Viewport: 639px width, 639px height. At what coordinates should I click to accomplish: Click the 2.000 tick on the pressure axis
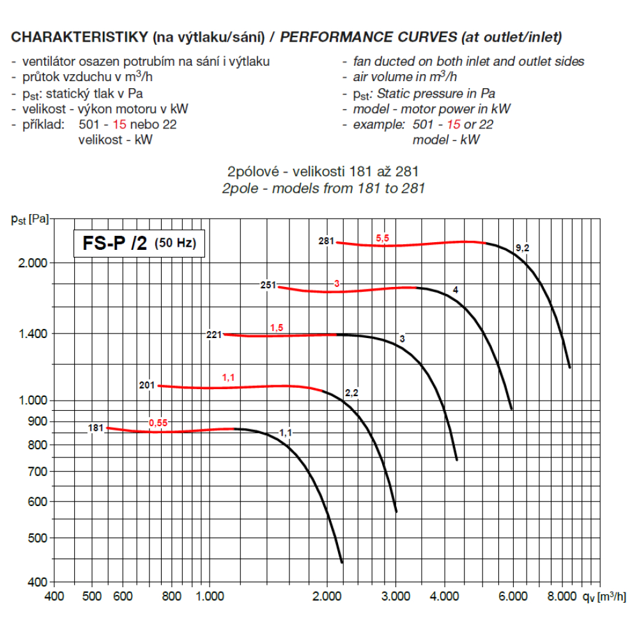tap(31, 263)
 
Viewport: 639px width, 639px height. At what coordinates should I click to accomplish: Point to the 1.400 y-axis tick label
tap(31, 334)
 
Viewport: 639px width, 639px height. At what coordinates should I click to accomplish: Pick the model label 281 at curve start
tap(327, 242)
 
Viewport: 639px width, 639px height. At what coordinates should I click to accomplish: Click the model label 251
tap(268, 285)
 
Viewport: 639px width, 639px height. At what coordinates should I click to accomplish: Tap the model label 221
tap(214, 334)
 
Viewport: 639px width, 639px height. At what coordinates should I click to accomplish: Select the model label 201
tap(147, 385)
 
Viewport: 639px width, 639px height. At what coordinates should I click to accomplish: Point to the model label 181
tap(96, 427)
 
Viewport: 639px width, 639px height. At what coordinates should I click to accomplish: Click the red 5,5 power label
tap(382, 238)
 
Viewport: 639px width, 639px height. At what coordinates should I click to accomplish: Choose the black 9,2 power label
tap(522, 248)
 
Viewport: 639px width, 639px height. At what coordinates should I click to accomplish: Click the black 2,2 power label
tap(351, 392)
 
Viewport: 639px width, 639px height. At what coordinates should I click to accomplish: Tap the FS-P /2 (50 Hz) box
tap(139, 243)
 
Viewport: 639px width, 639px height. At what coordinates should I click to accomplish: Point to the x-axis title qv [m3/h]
tap(604, 596)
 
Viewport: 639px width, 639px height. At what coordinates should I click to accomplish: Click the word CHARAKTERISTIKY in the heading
tap(79, 37)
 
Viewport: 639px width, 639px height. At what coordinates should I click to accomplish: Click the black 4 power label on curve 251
tap(455, 290)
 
